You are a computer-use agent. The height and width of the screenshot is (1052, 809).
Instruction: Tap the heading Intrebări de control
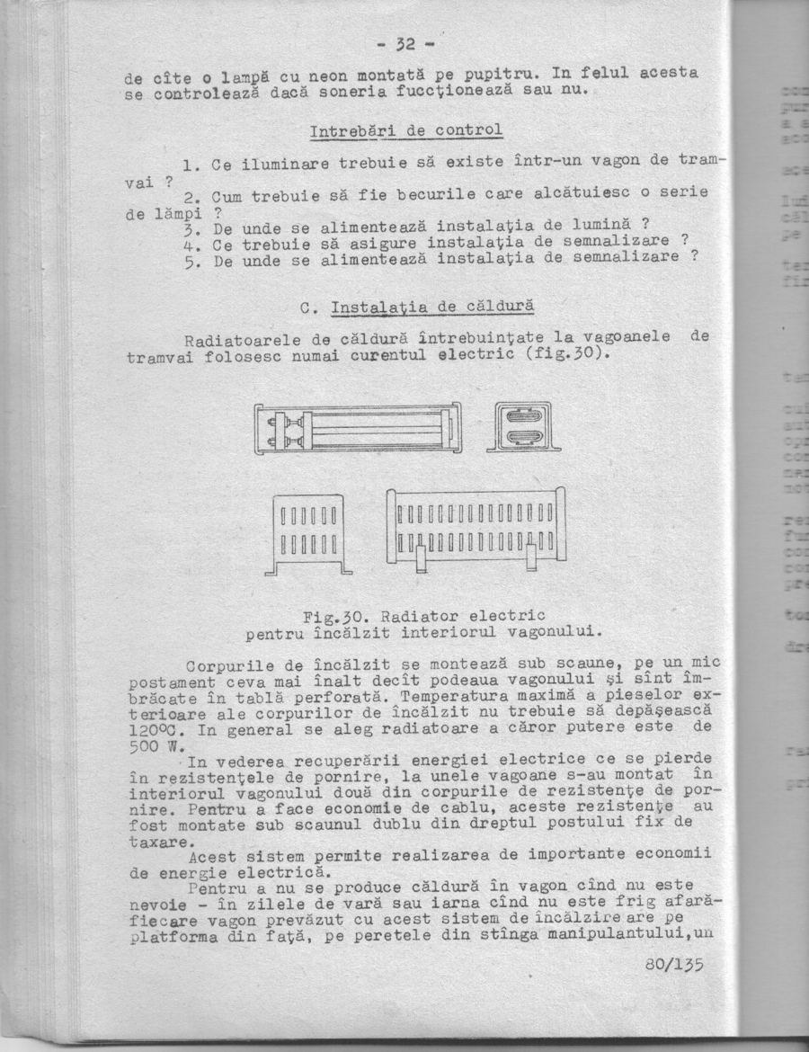(x=405, y=131)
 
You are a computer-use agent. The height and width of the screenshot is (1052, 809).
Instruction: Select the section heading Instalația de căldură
(x=432, y=308)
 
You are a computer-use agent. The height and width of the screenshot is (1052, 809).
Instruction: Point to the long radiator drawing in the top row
(x=358, y=428)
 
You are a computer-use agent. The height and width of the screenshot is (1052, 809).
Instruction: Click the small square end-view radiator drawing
(x=524, y=426)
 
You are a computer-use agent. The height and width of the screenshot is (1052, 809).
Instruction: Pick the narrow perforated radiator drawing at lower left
(x=308, y=533)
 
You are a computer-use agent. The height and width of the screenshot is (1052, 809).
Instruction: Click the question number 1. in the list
(x=190, y=165)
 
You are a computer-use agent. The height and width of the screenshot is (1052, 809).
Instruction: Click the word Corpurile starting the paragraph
(x=227, y=665)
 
